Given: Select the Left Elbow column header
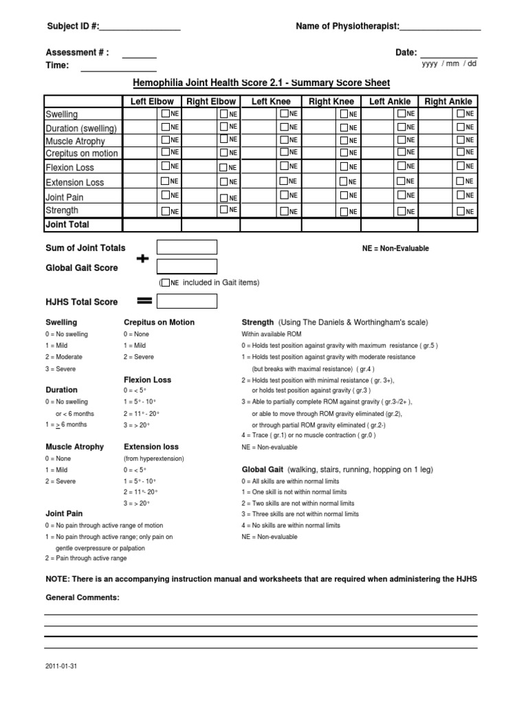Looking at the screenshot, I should tap(153, 101).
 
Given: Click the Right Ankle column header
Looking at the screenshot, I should tap(448, 101).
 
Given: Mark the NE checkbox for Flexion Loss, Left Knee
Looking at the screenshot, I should tap(283, 166).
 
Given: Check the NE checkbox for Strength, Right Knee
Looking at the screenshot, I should tap(343, 211).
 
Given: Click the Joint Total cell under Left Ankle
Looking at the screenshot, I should tap(390, 225).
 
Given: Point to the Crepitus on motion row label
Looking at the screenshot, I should tap(81, 153).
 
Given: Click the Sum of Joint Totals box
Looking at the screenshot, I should tap(187, 247).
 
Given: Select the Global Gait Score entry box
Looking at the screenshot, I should tap(187, 267).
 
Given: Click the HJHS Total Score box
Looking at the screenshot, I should tap(187, 301).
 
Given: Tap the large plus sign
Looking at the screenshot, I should tap(142, 259).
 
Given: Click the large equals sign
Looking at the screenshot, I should tap(144, 301).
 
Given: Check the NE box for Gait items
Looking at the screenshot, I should tap(165, 283).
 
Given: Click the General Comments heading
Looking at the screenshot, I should tap(82, 597).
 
